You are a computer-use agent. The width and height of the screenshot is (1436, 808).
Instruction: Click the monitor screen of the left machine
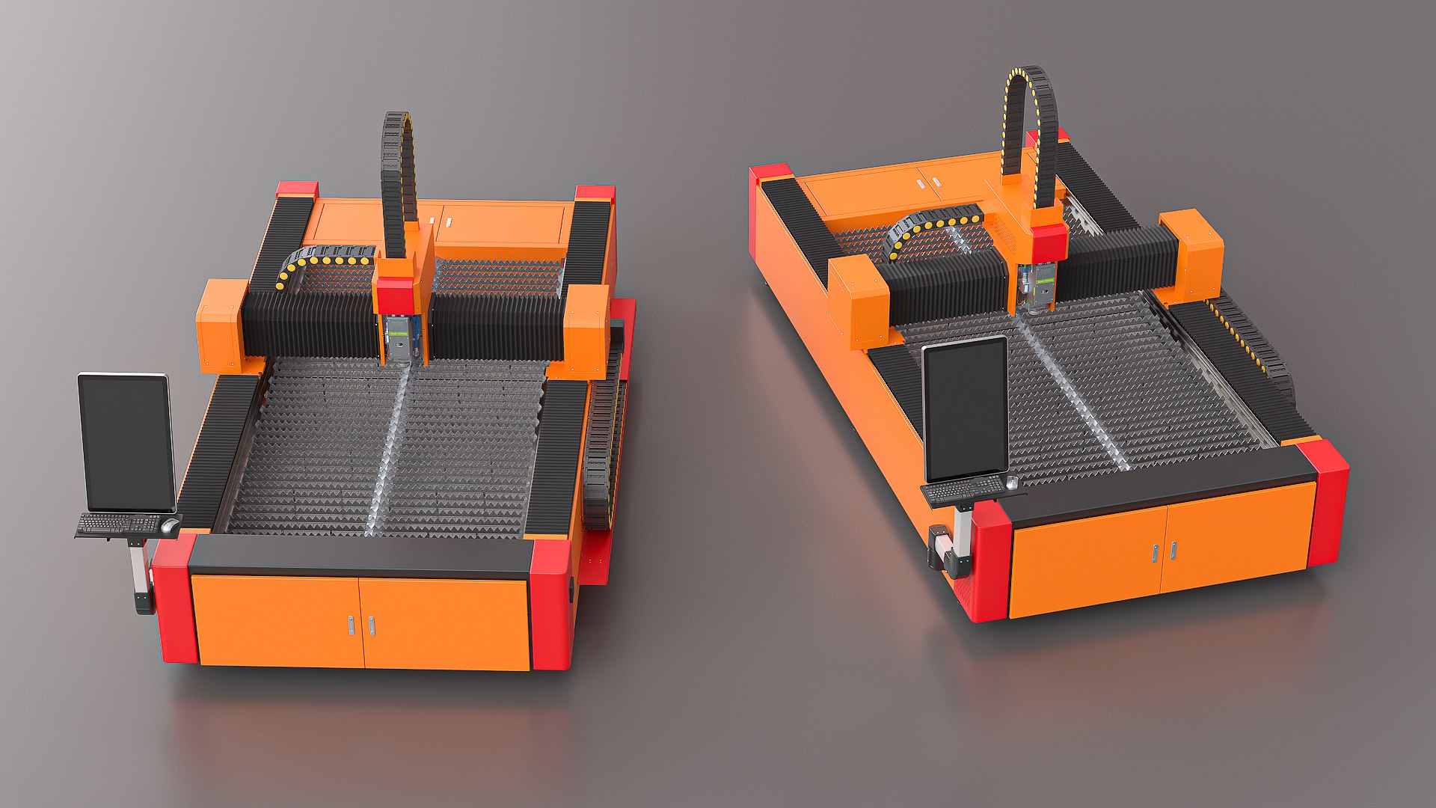click(126, 443)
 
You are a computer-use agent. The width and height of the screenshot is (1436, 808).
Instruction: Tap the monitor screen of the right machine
click(965, 410)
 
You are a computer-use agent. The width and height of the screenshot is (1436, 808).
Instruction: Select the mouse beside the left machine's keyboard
click(168, 526)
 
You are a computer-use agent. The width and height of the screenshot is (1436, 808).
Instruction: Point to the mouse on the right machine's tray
click(1011, 483)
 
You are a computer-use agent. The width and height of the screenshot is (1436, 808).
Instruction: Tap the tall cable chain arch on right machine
click(1031, 112)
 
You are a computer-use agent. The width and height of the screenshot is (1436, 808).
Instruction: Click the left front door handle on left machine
click(351, 625)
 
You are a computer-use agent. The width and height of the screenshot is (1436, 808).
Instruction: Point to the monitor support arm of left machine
click(138, 569)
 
